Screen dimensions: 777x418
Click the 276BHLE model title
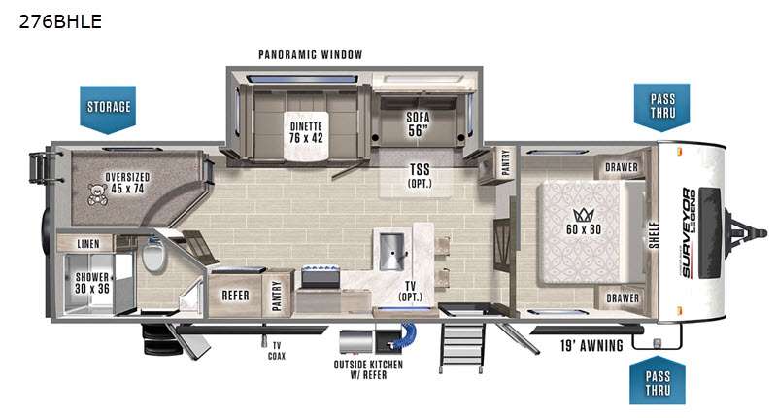[60, 21]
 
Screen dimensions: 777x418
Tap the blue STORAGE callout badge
[108, 110]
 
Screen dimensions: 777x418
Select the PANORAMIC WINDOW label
[310, 54]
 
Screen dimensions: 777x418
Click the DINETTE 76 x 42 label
[306, 132]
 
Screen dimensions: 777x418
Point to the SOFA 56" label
[418, 124]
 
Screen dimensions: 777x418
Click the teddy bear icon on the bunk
[98, 193]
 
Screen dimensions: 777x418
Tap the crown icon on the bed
[584, 215]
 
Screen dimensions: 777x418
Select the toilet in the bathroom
[154, 255]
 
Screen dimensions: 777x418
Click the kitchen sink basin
[391, 252]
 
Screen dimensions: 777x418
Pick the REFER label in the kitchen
[235, 296]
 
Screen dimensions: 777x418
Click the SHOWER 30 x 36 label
[92, 283]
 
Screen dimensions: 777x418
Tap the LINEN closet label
[88, 244]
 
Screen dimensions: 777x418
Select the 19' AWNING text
[591, 345]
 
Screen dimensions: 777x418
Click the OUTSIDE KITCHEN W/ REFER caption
[368, 369]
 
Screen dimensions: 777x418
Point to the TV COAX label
[277, 351]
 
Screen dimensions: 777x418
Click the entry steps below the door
[462, 348]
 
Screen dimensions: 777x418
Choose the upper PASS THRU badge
[662, 108]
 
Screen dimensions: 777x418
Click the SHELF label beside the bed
[654, 234]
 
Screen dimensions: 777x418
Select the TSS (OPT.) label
[420, 176]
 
